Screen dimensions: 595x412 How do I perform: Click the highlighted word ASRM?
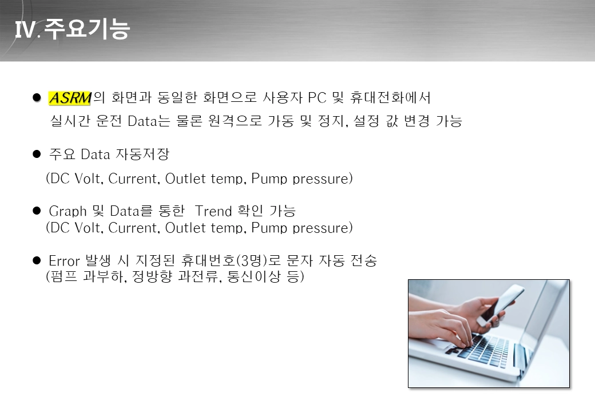click(x=70, y=98)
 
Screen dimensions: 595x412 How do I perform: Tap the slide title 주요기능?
click(x=87, y=29)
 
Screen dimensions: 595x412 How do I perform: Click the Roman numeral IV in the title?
click(x=25, y=29)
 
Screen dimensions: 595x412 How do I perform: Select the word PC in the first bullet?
click(x=317, y=97)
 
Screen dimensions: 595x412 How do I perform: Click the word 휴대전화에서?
click(x=390, y=97)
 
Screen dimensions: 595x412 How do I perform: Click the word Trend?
click(x=213, y=211)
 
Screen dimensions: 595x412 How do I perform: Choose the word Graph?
click(x=68, y=211)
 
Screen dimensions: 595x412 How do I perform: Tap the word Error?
click(x=64, y=261)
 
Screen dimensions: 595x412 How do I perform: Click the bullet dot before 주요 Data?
click(x=37, y=154)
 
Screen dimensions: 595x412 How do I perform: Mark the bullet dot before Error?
click(x=37, y=260)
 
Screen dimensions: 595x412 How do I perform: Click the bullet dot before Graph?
click(x=37, y=211)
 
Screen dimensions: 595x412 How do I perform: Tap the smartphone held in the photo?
click(x=499, y=305)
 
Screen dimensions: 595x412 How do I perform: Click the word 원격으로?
click(x=235, y=121)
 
